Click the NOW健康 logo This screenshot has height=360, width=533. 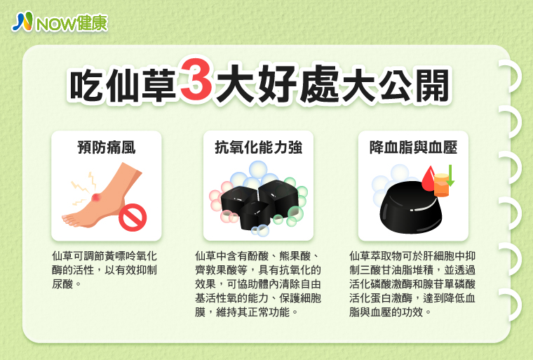[60, 22]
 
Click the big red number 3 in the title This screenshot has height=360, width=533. [196, 79]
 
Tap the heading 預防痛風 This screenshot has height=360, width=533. [107, 147]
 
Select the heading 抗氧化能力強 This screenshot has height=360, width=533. [258, 147]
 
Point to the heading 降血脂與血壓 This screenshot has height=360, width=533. [413, 147]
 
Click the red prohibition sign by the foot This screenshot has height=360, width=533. [133, 218]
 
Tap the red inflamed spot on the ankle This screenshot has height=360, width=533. [97, 197]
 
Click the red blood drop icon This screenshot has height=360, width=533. [429, 179]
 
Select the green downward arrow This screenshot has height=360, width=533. [450, 175]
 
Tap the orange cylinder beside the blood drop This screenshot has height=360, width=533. [442, 185]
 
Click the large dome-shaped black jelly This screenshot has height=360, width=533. [410, 208]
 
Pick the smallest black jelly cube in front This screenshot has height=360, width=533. [255, 215]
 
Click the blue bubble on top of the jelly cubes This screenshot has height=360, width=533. [258, 170]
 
